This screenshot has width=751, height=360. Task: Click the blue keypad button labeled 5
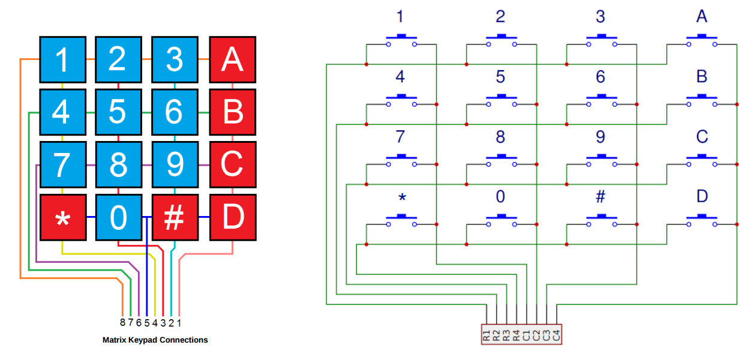pyautogui.click(x=118, y=112)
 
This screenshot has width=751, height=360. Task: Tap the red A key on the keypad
pyautogui.click(x=232, y=59)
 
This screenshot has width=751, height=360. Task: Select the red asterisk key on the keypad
pyautogui.click(x=62, y=217)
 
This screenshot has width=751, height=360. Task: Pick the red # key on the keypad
pyautogui.click(x=174, y=217)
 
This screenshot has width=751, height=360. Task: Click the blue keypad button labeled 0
pyautogui.click(x=118, y=217)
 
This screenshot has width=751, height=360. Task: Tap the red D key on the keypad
pyautogui.click(x=232, y=217)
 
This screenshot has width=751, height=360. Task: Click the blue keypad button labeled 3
pyautogui.click(x=174, y=59)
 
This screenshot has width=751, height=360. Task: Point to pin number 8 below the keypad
pyautogui.click(x=122, y=322)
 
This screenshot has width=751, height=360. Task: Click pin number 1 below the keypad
pyautogui.click(x=179, y=322)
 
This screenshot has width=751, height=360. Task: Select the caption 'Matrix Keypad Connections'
pyautogui.click(x=155, y=340)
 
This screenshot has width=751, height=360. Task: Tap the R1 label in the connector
pyautogui.click(x=486, y=335)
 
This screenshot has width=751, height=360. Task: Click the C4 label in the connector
pyautogui.click(x=557, y=335)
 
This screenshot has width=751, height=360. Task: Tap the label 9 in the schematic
pyautogui.click(x=600, y=137)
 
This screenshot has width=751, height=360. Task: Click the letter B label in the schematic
pyautogui.click(x=701, y=77)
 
